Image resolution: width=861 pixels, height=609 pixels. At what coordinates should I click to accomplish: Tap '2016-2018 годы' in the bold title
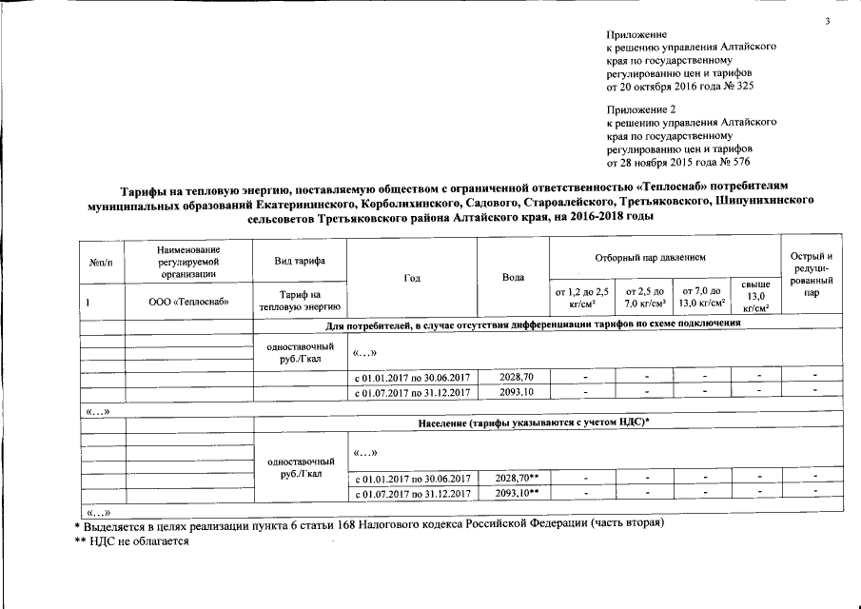(614, 217)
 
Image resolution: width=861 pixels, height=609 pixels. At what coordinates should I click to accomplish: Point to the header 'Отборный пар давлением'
(662, 257)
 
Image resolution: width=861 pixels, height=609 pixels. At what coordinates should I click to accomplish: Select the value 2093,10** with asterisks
(518, 493)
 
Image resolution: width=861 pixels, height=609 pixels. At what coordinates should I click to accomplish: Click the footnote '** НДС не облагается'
(132, 540)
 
